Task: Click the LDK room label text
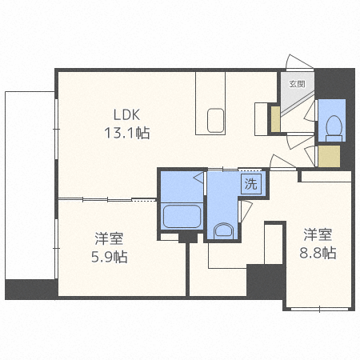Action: pos(126,114)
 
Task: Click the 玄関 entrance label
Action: pos(296,82)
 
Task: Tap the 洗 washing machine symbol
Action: pos(251,183)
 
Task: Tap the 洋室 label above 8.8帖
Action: pos(318,235)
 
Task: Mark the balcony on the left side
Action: pos(30,184)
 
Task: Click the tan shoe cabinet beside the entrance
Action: pos(274,118)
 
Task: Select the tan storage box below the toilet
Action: pos(328,155)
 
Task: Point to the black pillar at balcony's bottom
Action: pos(30,289)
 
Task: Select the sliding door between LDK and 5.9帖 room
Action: pos(104,198)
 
